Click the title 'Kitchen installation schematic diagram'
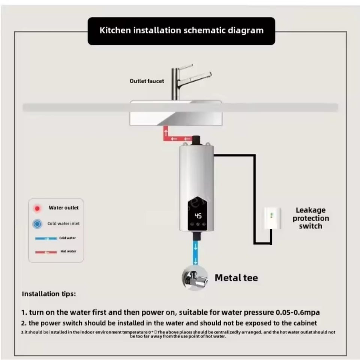click(x=181, y=31)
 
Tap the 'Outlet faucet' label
click(x=147, y=81)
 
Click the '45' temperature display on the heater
click(x=198, y=216)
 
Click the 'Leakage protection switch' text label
click(x=311, y=218)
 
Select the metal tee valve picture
click(x=195, y=278)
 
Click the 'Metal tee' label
click(x=236, y=278)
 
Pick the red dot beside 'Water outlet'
click(x=37, y=208)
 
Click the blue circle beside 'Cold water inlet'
click(x=37, y=224)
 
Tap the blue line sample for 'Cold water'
click(x=46, y=238)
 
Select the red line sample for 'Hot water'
click(x=46, y=252)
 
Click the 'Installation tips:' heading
click(x=49, y=294)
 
